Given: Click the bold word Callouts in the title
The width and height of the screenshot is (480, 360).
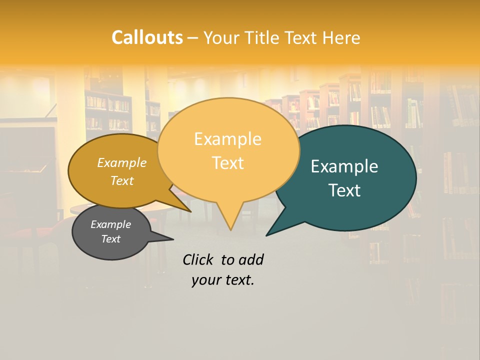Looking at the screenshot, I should pos(147,37).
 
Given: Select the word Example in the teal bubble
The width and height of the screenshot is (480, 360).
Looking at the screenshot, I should pos(344,166).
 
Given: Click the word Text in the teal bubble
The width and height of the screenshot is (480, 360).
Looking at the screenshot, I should pos(344,190).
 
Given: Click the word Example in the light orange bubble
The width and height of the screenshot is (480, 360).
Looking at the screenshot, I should pos(227,139).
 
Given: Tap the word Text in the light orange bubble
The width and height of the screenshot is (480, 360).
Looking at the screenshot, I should pos(227,163).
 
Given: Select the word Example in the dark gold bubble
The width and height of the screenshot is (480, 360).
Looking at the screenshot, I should pos(121,162).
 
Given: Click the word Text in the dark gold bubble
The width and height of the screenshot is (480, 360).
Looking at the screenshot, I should pos(121,180).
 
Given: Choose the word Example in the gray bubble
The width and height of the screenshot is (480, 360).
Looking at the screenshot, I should pos(110,224).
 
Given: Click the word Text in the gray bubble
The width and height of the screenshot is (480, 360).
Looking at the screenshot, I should pos(110,239).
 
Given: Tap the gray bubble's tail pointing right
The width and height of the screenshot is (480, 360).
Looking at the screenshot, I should pos(171,239).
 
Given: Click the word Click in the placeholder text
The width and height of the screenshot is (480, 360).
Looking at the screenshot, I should pos(199,259).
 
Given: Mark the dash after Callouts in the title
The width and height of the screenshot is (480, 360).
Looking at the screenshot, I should pos(193,38).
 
